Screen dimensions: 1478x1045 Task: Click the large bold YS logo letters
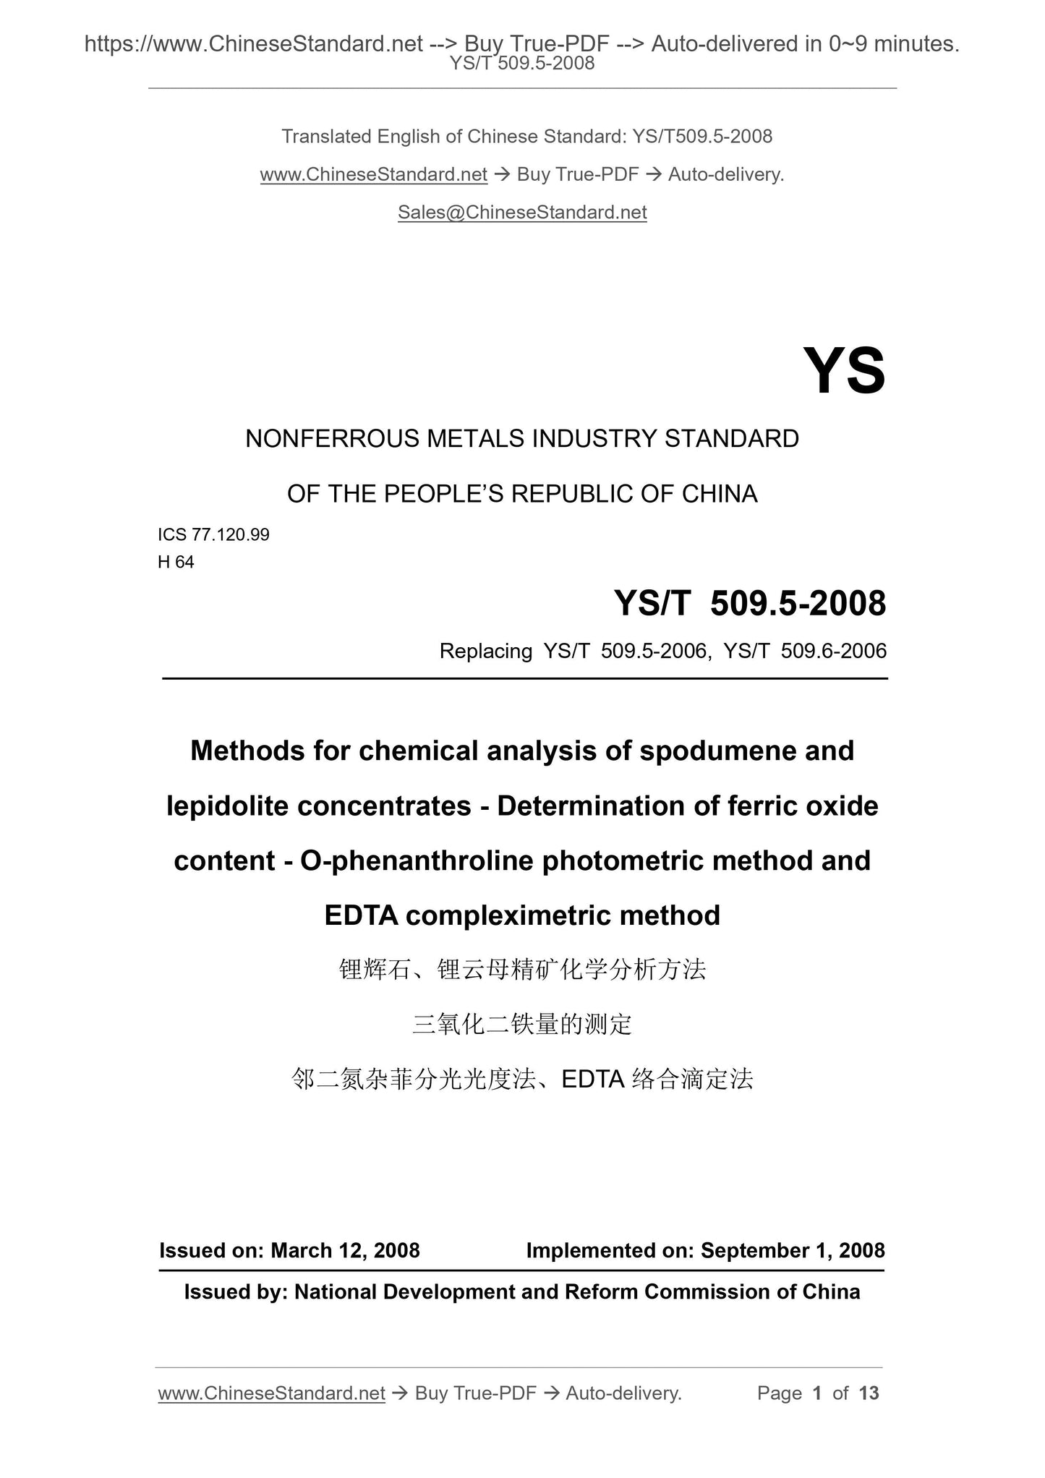[x=844, y=372]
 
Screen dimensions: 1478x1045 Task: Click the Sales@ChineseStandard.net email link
[x=522, y=213]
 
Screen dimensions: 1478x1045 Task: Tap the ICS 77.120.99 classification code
[x=213, y=534]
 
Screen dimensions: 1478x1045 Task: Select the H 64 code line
[x=176, y=562]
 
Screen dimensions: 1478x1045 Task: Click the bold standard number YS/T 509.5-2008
[x=750, y=603]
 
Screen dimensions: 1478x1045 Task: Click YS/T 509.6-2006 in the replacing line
[x=805, y=652]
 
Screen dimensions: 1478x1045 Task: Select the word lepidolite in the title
[x=228, y=806]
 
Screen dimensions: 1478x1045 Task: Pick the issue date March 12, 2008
[x=345, y=1251]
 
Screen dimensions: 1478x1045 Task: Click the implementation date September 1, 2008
[x=793, y=1251]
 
